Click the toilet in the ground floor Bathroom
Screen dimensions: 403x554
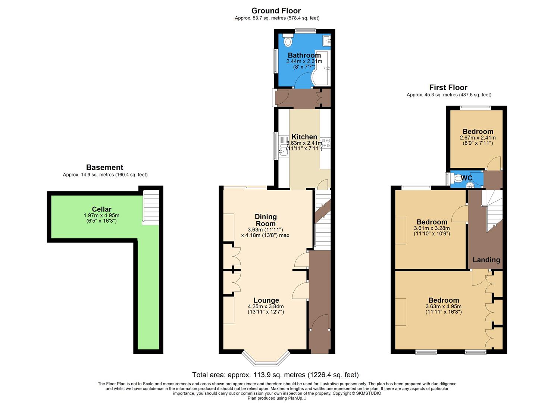(288, 41)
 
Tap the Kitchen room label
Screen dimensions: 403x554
(304, 137)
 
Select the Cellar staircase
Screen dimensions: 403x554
(151, 207)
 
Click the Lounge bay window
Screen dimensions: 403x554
(266, 359)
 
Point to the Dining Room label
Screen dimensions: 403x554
(266, 220)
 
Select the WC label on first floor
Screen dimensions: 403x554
(466, 178)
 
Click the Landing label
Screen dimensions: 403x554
(486, 260)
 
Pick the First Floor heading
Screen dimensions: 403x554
(448, 87)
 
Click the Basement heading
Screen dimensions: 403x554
(104, 167)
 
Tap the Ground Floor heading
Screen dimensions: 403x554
(276, 11)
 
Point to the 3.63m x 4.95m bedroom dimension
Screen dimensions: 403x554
(444, 307)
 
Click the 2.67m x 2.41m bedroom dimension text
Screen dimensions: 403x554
(478, 137)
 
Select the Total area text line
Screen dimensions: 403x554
(275, 375)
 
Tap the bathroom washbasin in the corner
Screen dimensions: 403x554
(327, 40)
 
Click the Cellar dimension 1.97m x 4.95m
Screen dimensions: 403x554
(101, 215)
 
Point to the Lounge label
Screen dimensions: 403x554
(266, 300)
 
